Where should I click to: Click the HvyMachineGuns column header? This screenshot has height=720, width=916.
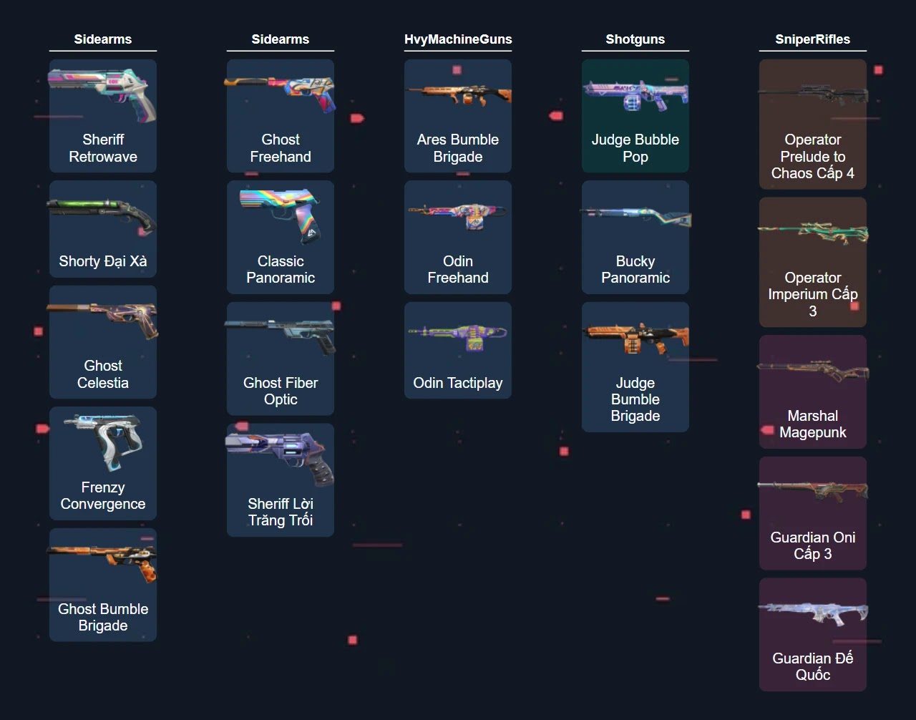point(458,39)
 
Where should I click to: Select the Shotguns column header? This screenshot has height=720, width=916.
point(635,39)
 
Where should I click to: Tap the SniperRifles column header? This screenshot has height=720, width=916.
point(813,39)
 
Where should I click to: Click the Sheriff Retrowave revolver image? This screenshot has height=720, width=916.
point(103,94)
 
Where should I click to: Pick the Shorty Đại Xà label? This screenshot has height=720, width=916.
point(103,261)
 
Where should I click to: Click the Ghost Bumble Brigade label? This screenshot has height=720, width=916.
point(103,617)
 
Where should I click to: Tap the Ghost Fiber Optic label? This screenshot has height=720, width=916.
point(281,391)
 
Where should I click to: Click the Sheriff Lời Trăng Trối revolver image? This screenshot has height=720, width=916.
point(281,457)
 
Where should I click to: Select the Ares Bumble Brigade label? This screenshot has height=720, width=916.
point(458,148)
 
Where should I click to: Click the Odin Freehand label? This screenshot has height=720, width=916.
point(458,269)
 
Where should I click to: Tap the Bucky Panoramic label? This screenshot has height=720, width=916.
point(635,269)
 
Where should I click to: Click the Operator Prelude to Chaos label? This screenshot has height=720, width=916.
point(813,156)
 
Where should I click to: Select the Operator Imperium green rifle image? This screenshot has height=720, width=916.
point(813,233)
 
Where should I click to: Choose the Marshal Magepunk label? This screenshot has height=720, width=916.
point(813,424)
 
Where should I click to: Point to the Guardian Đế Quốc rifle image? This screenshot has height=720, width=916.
point(813,613)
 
